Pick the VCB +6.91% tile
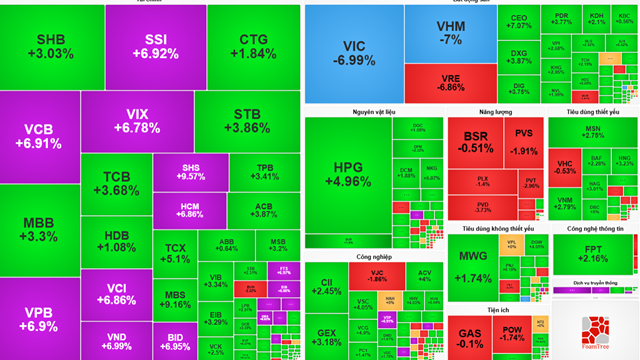(40, 136)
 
